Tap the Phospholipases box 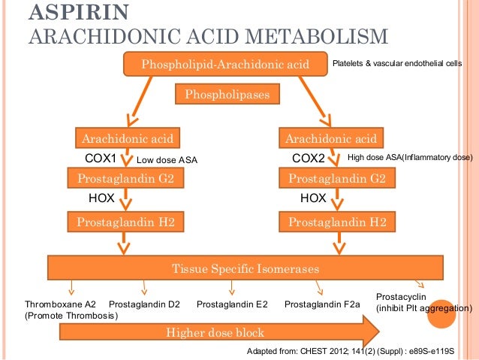(227, 95)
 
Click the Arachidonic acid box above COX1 (128, 138)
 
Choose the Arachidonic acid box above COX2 (331, 138)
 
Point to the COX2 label (308, 159)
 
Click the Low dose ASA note (166, 159)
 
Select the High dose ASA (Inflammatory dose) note (409, 158)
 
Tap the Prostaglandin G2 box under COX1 (127, 179)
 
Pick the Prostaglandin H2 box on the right (337, 222)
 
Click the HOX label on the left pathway (102, 199)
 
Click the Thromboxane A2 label (60, 304)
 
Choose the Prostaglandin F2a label (323, 304)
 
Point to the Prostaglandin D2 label (144, 304)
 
